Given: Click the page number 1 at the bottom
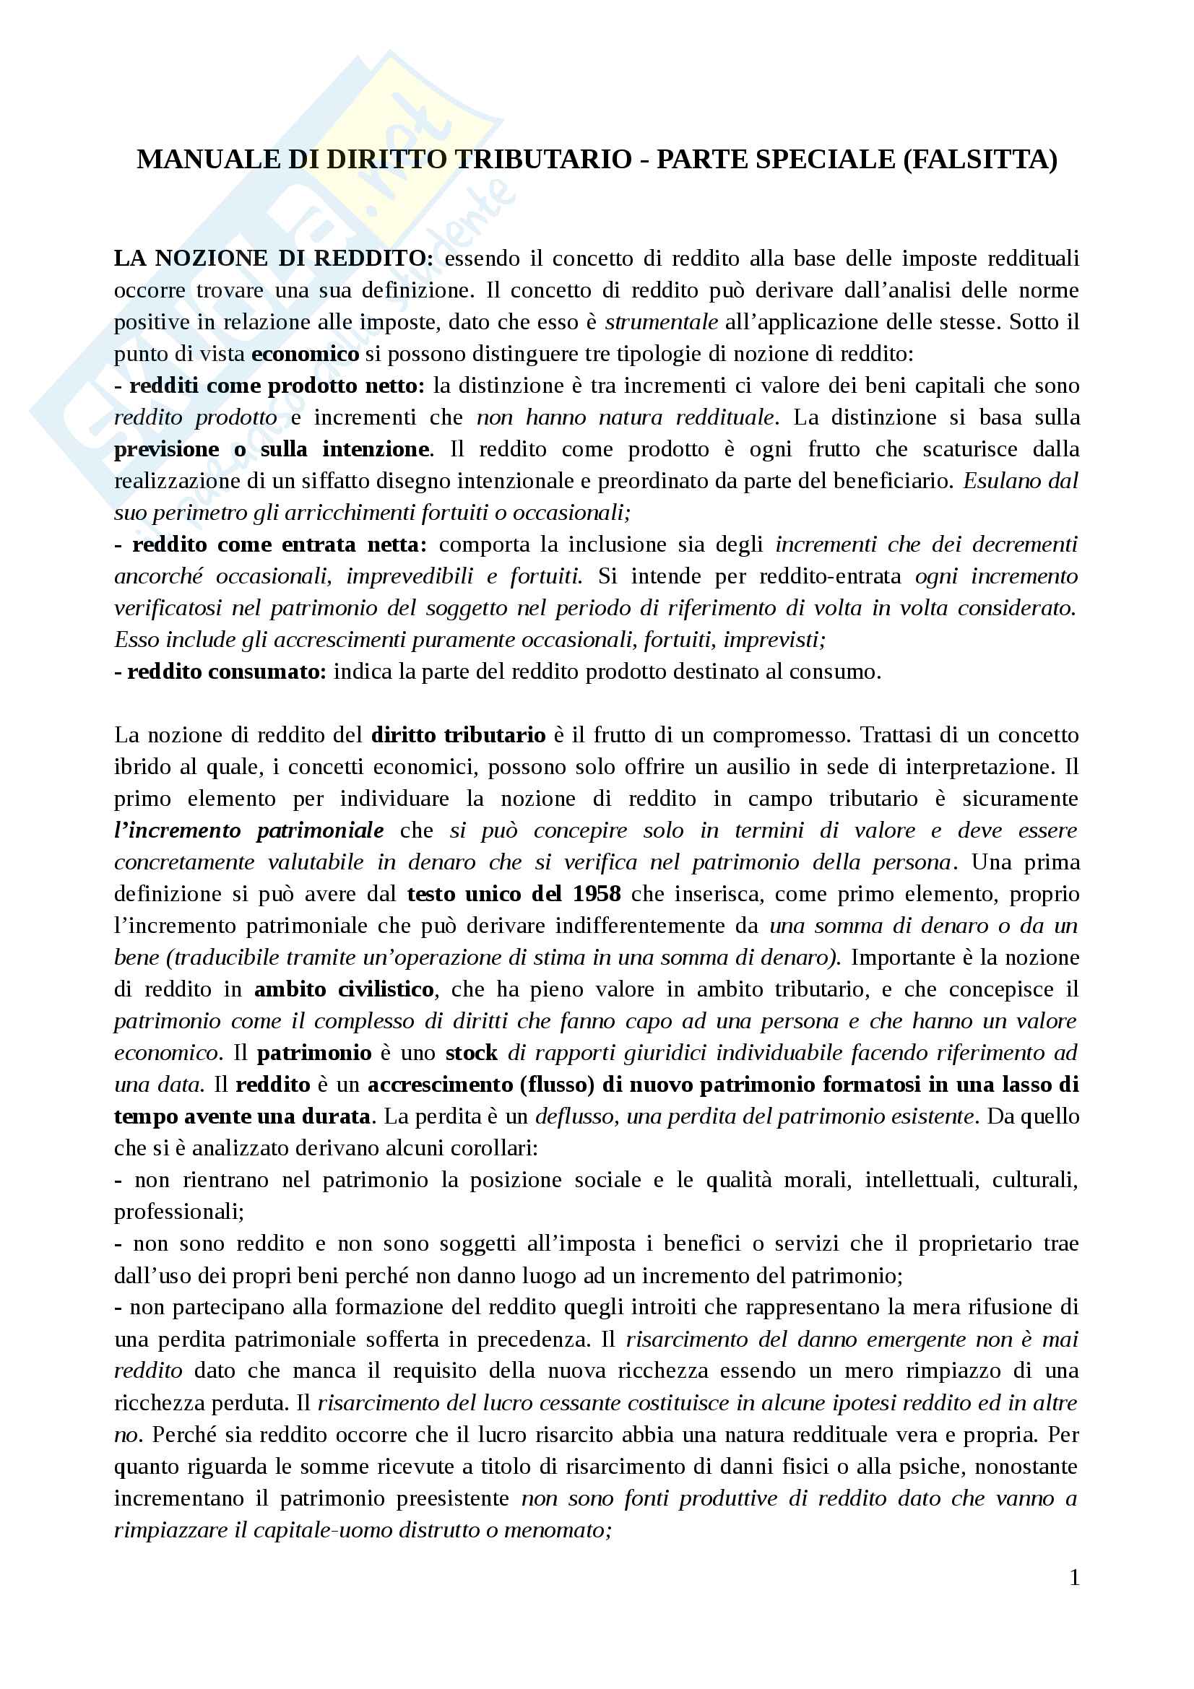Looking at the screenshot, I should pos(1075,1577).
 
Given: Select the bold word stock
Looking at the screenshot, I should pos(472,1053).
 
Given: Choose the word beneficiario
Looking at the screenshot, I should pos(888,481).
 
